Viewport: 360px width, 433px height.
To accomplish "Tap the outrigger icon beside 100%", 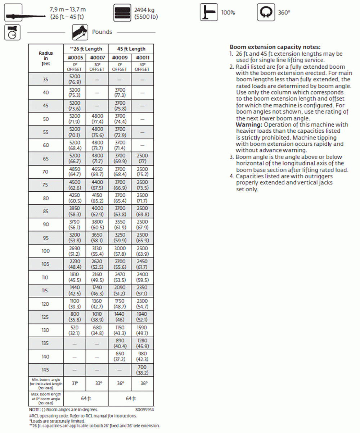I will (208, 13).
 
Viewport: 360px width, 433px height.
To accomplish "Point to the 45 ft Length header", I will (131, 49).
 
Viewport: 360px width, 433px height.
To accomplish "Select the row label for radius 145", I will (45, 369).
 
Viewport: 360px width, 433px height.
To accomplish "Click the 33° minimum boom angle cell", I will (96, 384).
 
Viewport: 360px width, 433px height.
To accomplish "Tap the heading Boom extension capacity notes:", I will (275, 47).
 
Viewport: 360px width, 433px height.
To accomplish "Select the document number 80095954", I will (144, 410).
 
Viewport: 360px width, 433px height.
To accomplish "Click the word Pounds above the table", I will (102, 32).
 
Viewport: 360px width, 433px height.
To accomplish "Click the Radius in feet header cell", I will (45, 58).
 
